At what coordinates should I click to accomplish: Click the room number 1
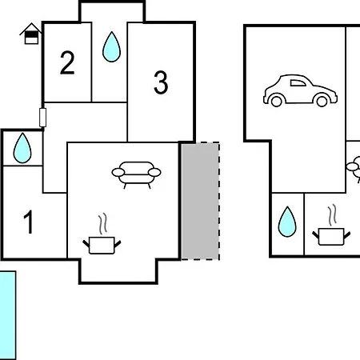[x=29, y=222]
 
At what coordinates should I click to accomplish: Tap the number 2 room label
[x=67, y=62]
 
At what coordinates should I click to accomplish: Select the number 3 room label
[x=161, y=82]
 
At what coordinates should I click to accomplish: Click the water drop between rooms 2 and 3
[x=111, y=46]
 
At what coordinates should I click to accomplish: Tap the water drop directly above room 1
[x=22, y=148]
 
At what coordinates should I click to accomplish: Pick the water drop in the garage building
[x=287, y=222]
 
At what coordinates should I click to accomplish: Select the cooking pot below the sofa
[x=102, y=246]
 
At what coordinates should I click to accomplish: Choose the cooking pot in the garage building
[x=331, y=237]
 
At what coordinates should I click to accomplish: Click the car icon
[x=300, y=90]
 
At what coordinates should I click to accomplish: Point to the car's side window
[x=298, y=83]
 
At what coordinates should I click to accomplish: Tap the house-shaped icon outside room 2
[x=31, y=34]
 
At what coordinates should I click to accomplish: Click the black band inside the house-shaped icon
[x=31, y=34]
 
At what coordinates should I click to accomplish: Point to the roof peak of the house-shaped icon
[x=31, y=23]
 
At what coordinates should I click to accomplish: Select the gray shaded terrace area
[x=200, y=201]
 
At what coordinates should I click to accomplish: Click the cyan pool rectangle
[x=8, y=315]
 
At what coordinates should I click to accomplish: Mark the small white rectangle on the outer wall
[x=42, y=118]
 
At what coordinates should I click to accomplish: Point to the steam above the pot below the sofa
[x=102, y=224]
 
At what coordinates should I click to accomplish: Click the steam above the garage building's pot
[x=332, y=215]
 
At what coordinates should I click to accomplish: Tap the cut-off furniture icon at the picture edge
[x=354, y=169]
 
